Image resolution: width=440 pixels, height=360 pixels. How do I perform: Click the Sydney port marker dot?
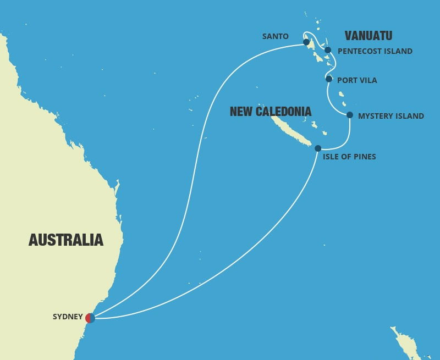(x=90, y=318)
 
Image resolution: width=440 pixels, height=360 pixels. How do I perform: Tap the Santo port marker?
(x=306, y=42)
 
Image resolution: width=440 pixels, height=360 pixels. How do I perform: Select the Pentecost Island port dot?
(x=328, y=50)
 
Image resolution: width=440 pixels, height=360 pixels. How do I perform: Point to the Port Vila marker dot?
(x=329, y=79)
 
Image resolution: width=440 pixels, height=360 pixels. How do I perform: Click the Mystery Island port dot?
(x=350, y=115)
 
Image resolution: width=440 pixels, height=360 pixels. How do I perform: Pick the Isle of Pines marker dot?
(x=318, y=148)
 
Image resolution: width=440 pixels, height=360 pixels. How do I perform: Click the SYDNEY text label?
(x=68, y=317)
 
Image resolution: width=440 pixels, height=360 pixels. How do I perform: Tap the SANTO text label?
(x=276, y=37)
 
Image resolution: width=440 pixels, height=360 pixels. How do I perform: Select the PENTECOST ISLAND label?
(x=375, y=52)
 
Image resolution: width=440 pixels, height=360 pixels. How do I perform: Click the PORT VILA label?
(x=357, y=80)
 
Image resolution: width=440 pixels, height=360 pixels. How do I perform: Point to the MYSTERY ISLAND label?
(x=391, y=116)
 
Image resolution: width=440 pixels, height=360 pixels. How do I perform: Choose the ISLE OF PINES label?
(x=350, y=157)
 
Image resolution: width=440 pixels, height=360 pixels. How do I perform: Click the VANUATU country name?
(x=368, y=36)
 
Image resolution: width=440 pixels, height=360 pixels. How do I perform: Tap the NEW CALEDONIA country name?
(x=271, y=112)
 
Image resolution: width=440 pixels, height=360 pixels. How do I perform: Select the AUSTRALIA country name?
(x=65, y=240)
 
